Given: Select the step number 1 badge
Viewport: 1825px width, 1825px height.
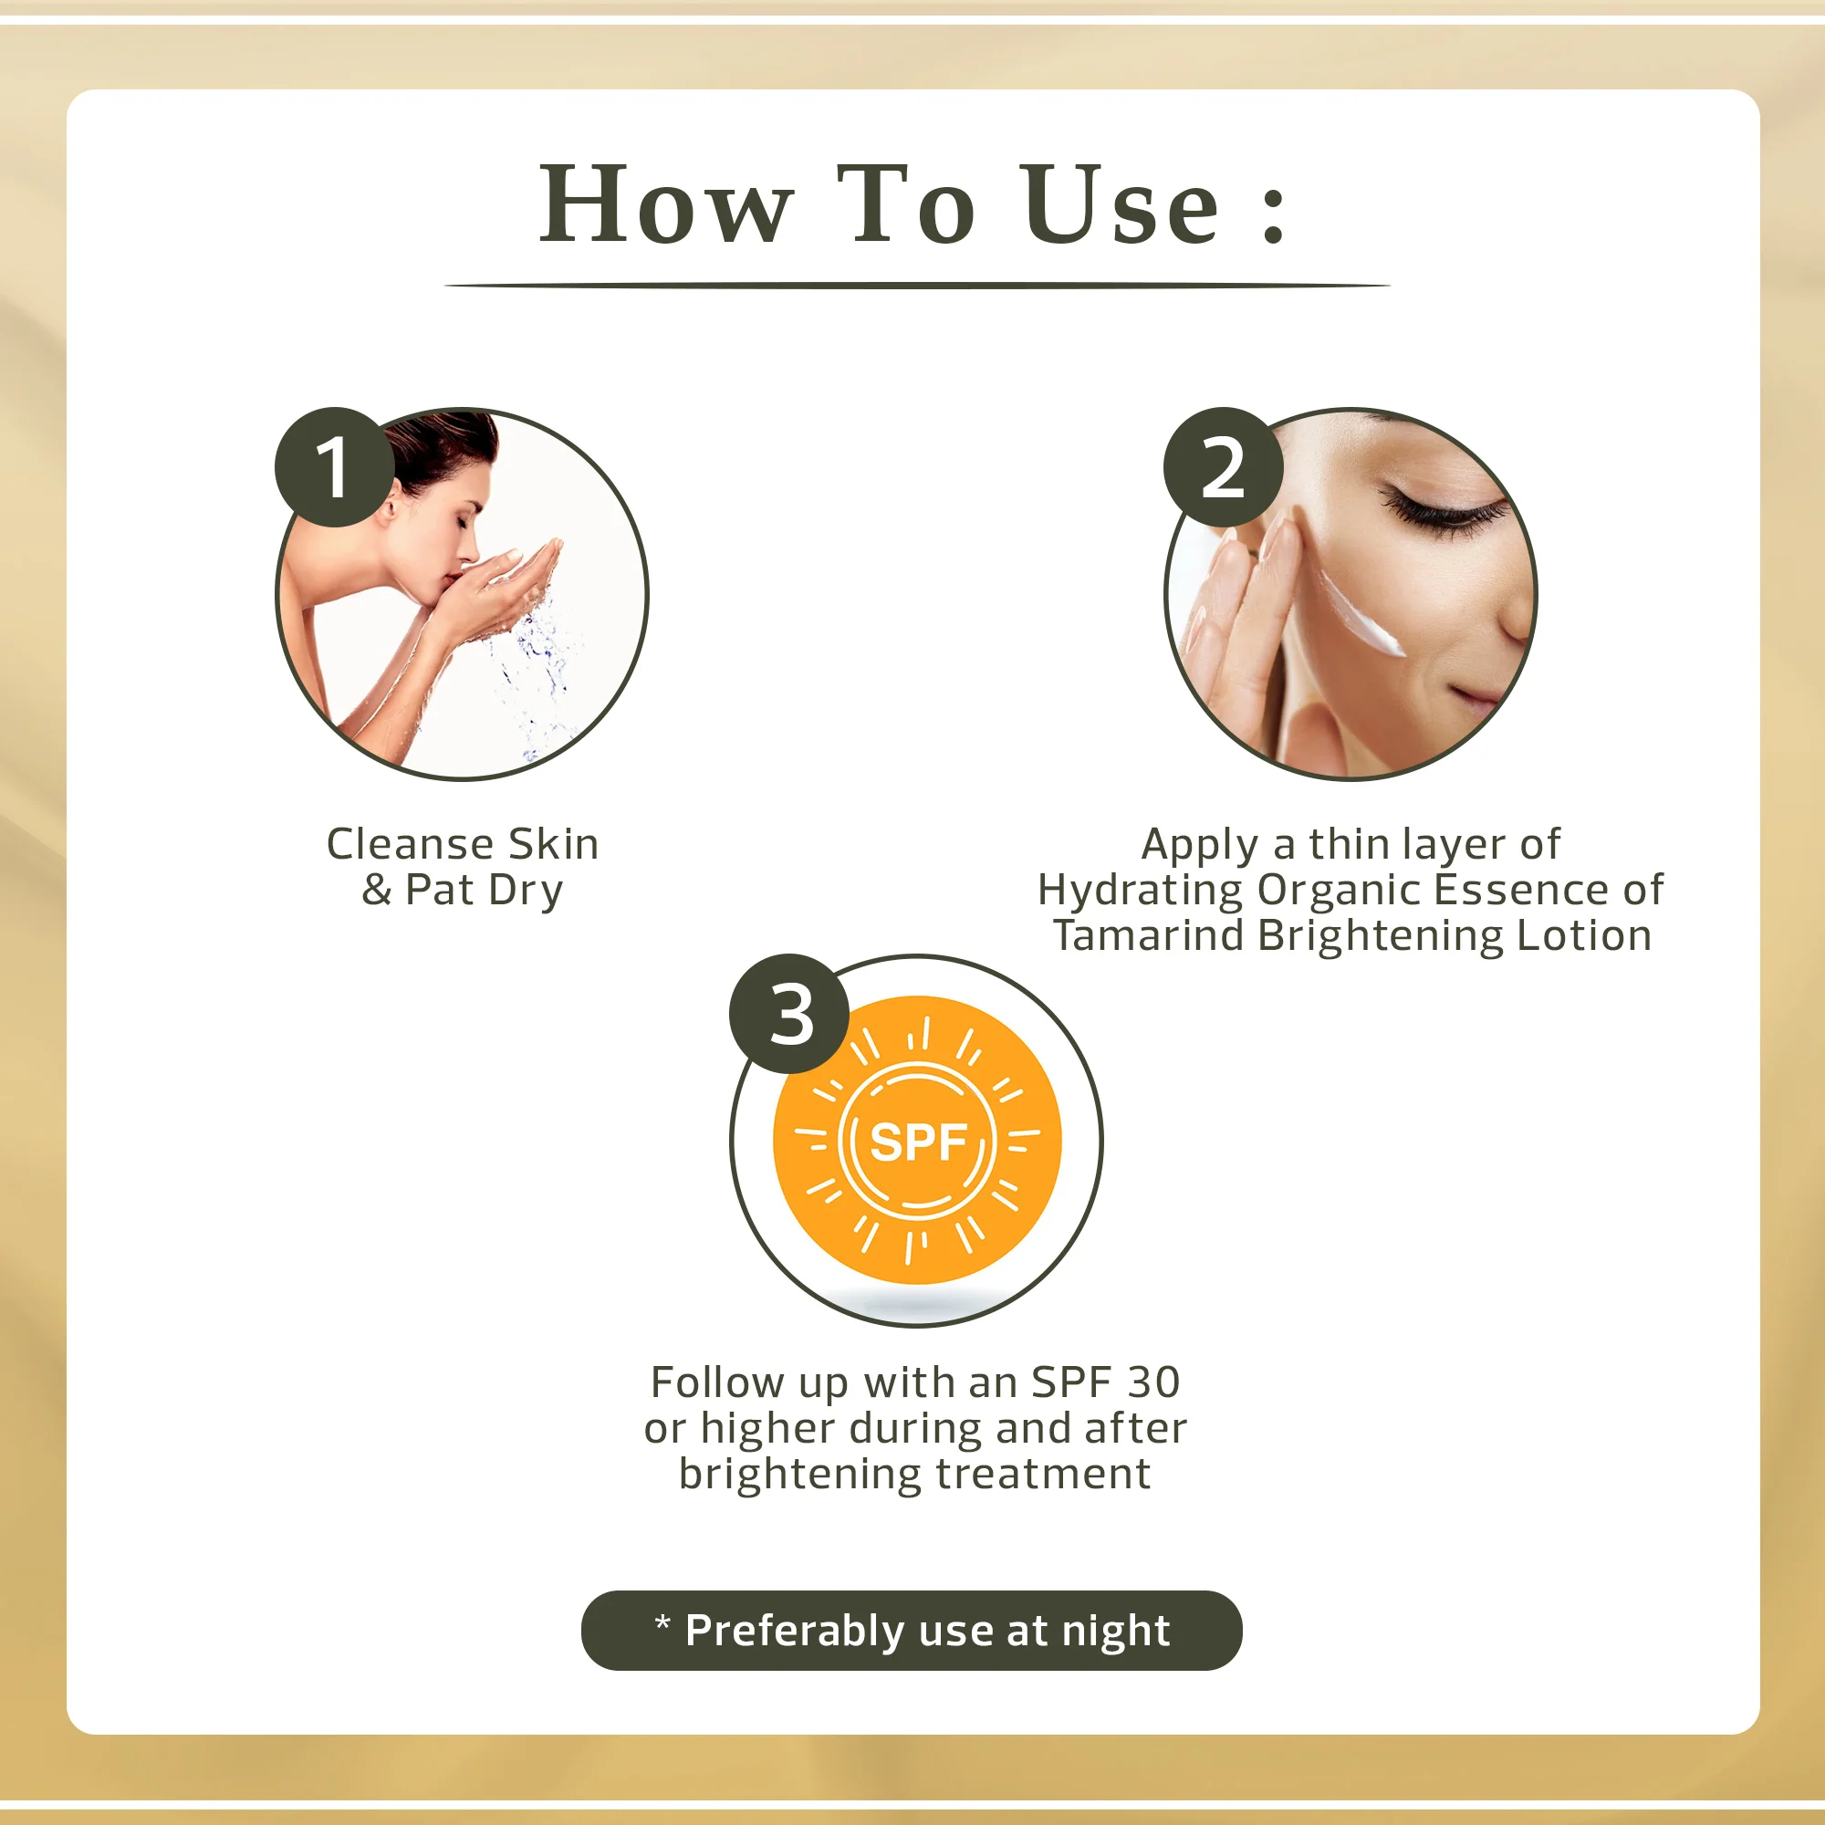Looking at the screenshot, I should [x=334, y=467].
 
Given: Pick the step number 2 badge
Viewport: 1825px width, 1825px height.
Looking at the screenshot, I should [x=1223, y=467].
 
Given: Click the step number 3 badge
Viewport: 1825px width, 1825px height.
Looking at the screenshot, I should [x=789, y=1015].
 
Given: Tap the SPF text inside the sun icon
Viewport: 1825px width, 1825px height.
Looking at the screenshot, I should [x=918, y=1142].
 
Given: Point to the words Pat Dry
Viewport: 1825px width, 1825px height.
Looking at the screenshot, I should [x=484, y=890].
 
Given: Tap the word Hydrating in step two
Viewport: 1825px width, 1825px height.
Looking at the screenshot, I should [x=1139, y=890].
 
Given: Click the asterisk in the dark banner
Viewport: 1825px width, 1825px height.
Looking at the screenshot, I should [x=662, y=1622].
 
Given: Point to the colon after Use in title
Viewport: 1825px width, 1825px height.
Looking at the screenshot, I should [x=1273, y=215].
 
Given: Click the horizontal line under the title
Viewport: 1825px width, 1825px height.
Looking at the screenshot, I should [x=916, y=285].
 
